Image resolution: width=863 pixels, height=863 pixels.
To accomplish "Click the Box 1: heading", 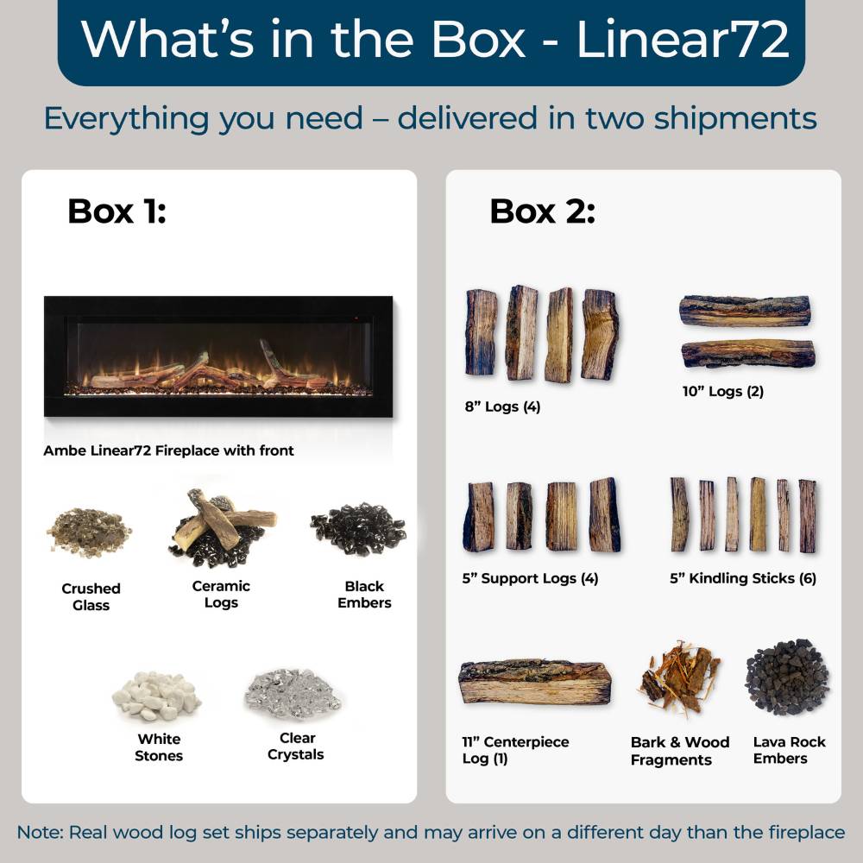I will [x=117, y=211].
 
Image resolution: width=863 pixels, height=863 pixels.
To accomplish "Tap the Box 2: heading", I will [x=542, y=211].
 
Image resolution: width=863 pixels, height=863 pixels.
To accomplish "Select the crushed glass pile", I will [x=90, y=532].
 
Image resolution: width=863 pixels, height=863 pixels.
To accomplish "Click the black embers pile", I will [x=358, y=528].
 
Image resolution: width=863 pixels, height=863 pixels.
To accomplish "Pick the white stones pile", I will [x=156, y=696].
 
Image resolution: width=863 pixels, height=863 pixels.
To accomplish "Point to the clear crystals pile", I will [x=293, y=691].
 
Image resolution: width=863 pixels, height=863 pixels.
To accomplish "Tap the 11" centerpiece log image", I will [x=535, y=683].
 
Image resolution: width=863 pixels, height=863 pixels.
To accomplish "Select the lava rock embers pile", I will [x=787, y=678].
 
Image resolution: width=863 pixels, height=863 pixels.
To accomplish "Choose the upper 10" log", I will [x=745, y=311].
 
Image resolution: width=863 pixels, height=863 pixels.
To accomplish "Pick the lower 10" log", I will [x=747, y=353].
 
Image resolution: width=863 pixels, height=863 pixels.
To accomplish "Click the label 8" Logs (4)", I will [x=501, y=406].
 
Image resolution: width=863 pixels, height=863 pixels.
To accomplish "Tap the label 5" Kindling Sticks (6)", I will [x=743, y=578].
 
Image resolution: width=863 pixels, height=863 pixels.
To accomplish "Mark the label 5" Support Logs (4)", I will [x=530, y=578].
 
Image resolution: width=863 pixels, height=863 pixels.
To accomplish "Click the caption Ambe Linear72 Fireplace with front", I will [x=169, y=450].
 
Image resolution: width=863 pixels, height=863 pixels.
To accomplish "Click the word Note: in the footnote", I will [x=40, y=833].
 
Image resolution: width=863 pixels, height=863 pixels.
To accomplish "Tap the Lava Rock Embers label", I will [x=789, y=750].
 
